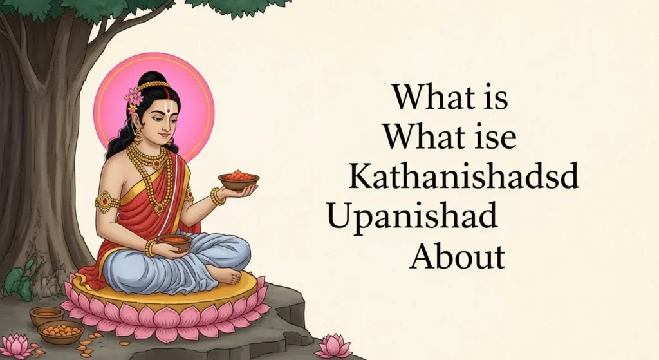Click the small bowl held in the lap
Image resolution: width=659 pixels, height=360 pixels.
point(174,242)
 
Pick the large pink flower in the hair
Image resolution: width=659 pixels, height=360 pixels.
point(134,97)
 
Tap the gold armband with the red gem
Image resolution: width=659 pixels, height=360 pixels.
point(106,202)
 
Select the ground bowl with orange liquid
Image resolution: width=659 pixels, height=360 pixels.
point(46,316)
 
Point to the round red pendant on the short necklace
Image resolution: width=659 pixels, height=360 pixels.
point(156,164)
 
